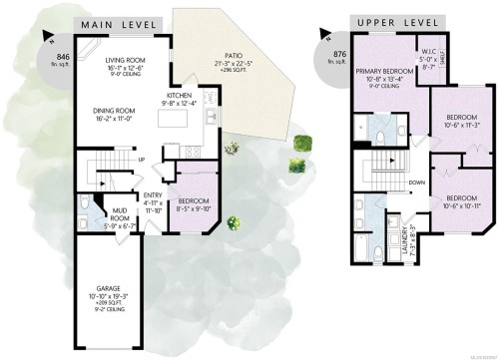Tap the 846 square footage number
tap(65, 42)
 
